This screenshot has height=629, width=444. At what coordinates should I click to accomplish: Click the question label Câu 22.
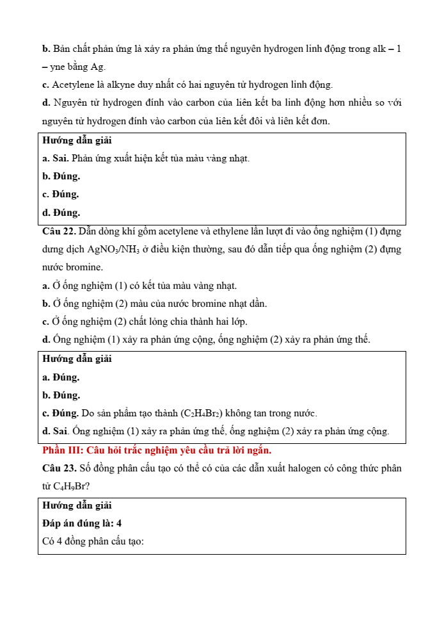coord(59,231)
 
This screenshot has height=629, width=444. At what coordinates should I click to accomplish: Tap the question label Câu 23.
coord(59,468)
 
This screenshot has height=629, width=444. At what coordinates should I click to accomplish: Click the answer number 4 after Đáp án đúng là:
coord(119,523)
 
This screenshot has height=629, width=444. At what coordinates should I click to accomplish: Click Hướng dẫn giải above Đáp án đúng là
coord(77,505)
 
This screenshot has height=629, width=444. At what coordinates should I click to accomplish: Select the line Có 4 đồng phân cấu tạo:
coord(93,542)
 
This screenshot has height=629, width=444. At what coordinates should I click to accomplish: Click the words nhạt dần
coord(248,304)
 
